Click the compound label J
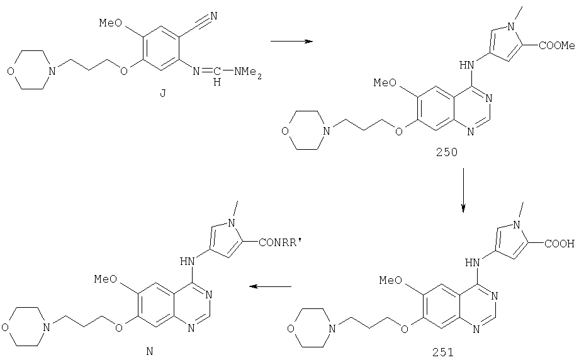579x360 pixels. point(163,93)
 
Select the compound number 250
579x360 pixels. point(446,152)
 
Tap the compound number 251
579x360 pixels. point(443,352)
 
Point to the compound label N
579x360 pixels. point(150,352)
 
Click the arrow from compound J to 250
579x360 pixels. point(292,41)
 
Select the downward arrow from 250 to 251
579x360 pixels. point(463,191)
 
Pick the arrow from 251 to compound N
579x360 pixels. point(270,286)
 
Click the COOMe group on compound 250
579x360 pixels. point(557,46)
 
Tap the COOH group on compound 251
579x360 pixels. point(559,244)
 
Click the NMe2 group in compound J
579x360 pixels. point(248,72)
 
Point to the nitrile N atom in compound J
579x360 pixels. point(213,16)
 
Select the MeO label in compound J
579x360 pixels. point(110,23)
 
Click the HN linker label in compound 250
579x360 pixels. point(467,65)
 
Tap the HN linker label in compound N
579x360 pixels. point(187,262)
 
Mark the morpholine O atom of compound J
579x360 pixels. point(11,71)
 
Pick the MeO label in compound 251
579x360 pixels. point(391,281)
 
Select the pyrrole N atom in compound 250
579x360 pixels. point(511,26)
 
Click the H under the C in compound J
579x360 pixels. point(217,82)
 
